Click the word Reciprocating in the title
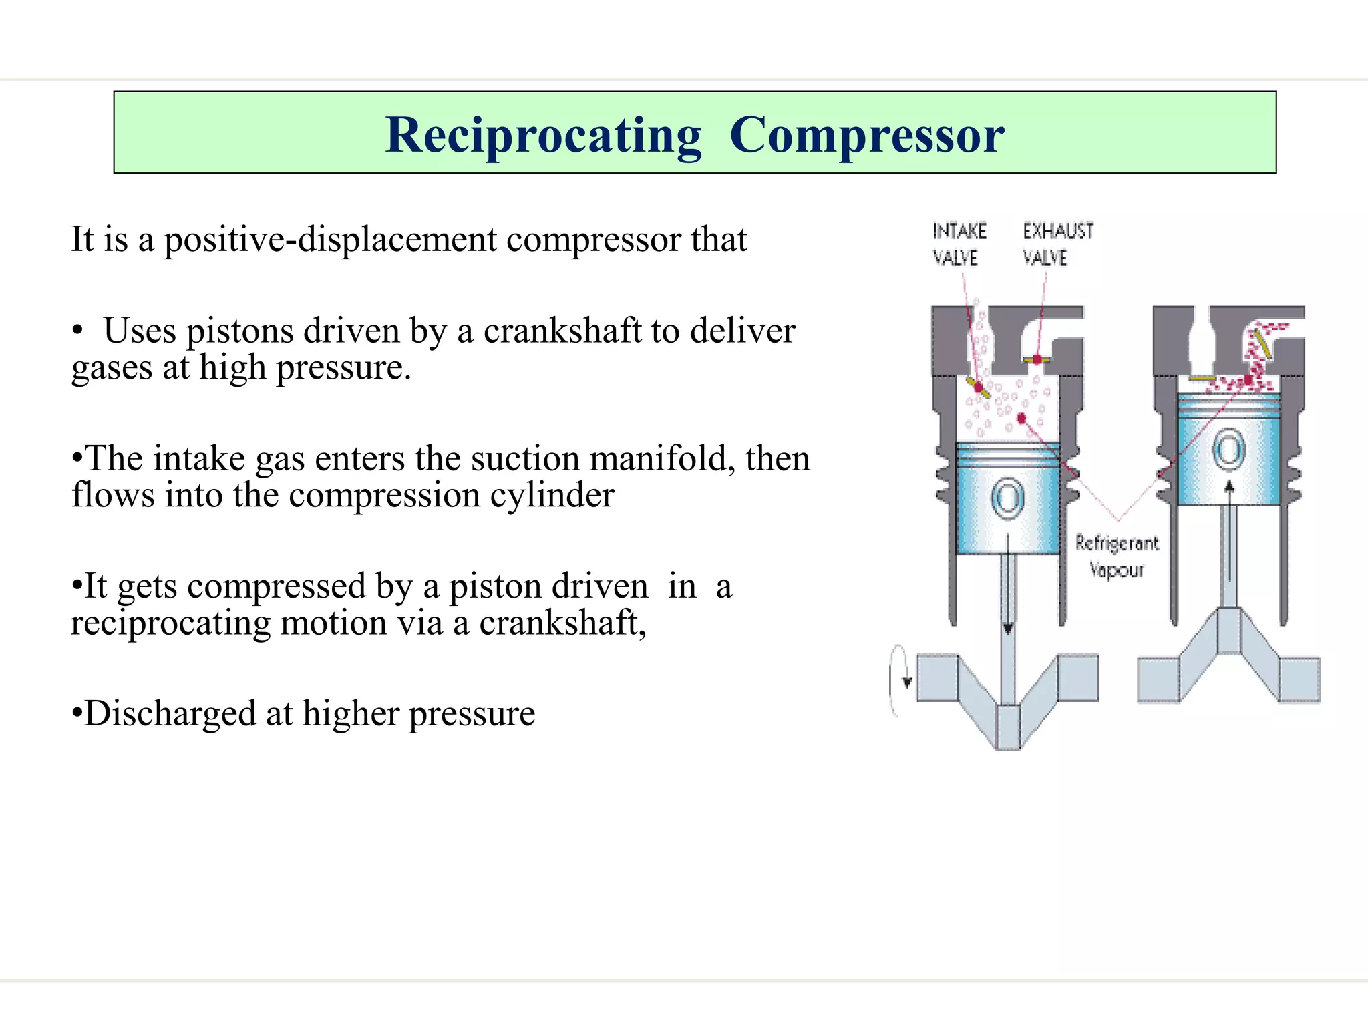[x=544, y=136]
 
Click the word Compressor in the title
[x=866, y=136]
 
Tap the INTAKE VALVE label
[x=959, y=244]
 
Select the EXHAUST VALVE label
[x=1057, y=244]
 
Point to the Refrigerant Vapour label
[x=1117, y=556]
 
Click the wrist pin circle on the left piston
[x=1007, y=498]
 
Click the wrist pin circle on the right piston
[x=1228, y=450]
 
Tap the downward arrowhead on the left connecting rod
[x=1008, y=629]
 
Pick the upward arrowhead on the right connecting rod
[x=1229, y=486]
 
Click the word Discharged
[x=170, y=713]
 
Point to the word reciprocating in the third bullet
[x=170, y=623]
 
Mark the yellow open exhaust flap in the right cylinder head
[x=1261, y=342]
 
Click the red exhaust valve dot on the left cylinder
[x=1036, y=359]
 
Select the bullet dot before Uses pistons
[x=78, y=331]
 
